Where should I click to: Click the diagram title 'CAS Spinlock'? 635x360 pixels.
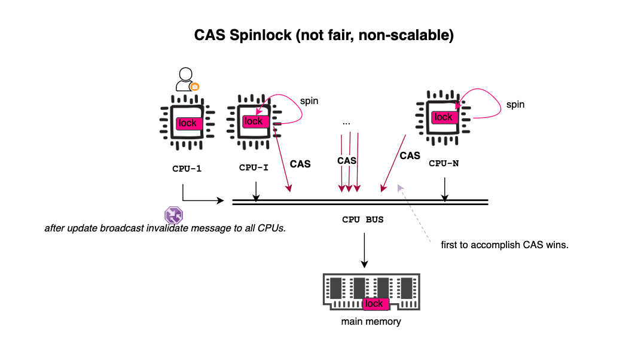click(x=243, y=35)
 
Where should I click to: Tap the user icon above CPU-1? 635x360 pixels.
click(x=187, y=79)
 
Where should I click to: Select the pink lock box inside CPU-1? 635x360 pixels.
click(x=189, y=123)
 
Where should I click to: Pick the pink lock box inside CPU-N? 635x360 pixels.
click(x=444, y=117)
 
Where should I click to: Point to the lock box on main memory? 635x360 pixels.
click(x=375, y=304)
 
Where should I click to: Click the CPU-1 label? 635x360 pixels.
click(x=187, y=169)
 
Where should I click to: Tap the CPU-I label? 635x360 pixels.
click(x=254, y=167)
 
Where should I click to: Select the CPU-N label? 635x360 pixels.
click(x=444, y=164)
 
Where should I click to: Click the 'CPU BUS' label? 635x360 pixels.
click(x=363, y=219)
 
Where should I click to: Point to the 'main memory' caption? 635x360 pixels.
click(x=371, y=322)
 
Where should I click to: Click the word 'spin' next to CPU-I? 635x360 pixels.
click(x=309, y=101)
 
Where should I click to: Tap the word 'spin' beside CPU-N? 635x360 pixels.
click(x=515, y=105)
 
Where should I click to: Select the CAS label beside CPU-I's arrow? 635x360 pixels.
click(x=300, y=164)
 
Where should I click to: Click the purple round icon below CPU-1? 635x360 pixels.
click(x=174, y=215)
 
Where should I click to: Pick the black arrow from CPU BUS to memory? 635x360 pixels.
click(x=365, y=250)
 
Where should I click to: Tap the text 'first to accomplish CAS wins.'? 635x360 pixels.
click(x=505, y=245)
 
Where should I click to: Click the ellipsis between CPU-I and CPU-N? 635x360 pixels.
click(x=346, y=123)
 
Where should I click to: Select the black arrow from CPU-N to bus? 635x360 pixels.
click(x=445, y=190)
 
